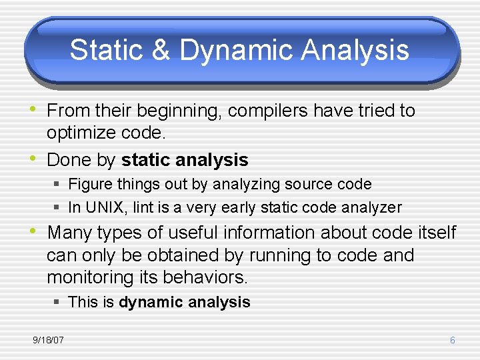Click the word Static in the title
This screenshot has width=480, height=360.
(107, 49)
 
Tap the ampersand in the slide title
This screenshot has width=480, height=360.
(161, 49)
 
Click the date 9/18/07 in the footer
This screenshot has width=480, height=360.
(49, 340)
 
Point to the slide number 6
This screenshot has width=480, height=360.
(453, 340)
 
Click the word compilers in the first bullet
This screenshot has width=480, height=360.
(267, 111)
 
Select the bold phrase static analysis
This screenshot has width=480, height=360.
(185, 160)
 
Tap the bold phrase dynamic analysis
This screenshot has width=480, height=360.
(185, 302)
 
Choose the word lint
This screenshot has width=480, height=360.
(143, 207)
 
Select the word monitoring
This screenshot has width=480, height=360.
(90, 278)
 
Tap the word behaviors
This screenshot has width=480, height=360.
(205, 277)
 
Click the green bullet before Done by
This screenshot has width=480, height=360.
(33, 158)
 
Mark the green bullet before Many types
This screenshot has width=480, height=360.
(33, 231)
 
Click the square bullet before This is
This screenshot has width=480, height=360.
(56, 302)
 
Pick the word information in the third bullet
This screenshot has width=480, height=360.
(269, 233)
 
